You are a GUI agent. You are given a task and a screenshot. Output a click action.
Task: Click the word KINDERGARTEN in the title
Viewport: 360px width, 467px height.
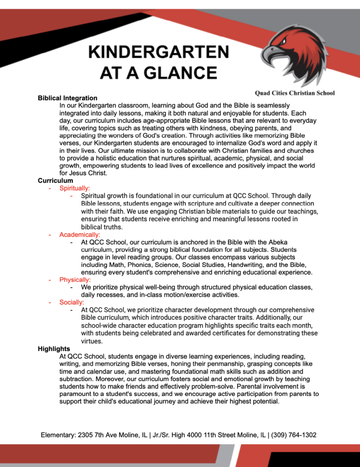pyautogui.click(x=159, y=52)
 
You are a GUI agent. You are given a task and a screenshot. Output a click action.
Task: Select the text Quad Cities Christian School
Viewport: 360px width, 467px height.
pyautogui.click(x=294, y=93)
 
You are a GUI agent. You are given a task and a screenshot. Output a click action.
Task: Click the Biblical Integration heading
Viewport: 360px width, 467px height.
pyautogui.click(x=67, y=98)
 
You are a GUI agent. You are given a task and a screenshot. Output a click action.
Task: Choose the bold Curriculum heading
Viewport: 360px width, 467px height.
pyautogui.click(x=55, y=181)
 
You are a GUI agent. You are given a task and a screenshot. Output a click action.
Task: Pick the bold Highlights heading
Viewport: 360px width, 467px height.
pyautogui.click(x=54, y=349)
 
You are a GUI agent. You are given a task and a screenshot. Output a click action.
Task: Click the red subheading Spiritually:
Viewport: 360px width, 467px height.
pyautogui.click(x=75, y=188)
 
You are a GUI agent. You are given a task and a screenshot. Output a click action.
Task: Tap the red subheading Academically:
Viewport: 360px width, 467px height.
pyautogui.click(x=80, y=235)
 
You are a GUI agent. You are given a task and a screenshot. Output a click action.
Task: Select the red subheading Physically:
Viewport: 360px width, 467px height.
pyautogui.click(x=75, y=280)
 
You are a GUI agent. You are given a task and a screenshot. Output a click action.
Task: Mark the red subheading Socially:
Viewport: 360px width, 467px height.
pyautogui.click(x=72, y=302)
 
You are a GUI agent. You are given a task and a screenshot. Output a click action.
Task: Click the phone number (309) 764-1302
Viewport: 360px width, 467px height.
pyautogui.click(x=294, y=435)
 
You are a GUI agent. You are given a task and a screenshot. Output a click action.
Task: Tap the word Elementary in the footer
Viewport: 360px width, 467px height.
pyautogui.click(x=57, y=435)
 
